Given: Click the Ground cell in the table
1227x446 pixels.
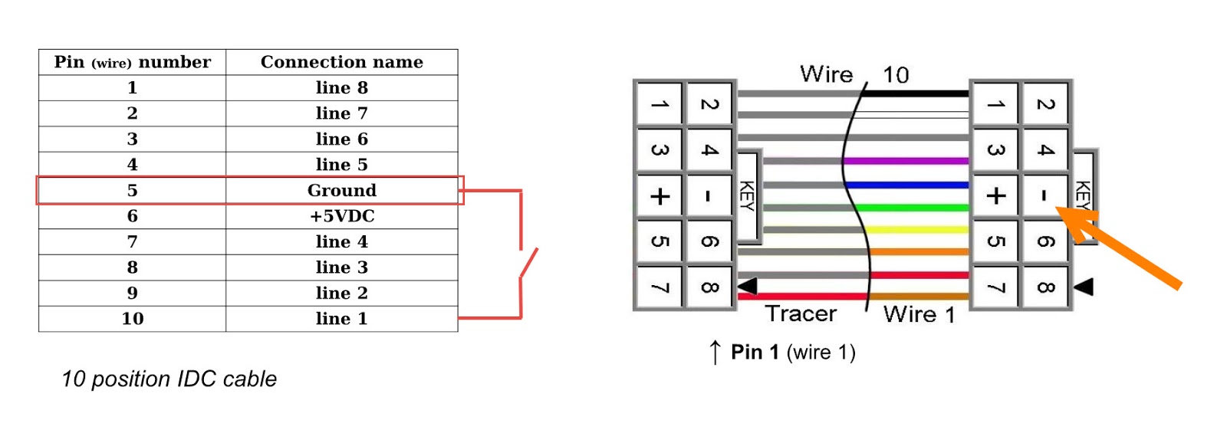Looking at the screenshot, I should [341, 190].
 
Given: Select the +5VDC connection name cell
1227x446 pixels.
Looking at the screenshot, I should [341, 216].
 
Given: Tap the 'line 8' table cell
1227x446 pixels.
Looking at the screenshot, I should [341, 87].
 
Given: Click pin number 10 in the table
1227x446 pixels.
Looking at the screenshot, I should [132, 319].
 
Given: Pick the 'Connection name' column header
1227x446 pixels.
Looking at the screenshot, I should [341, 62].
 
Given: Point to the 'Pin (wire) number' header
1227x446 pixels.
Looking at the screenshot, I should [132, 62].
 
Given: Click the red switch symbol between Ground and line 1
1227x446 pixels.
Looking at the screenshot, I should [528, 263].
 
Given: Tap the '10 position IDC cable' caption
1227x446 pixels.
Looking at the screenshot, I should [169, 379].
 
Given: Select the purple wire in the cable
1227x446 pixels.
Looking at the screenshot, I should [905, 161].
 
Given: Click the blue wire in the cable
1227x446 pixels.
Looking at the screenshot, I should [905, 185].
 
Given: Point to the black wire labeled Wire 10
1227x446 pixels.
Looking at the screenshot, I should [916, 93].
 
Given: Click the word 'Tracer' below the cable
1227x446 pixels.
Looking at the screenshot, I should [801, 313].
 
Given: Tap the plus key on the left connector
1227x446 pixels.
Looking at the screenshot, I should [660, 196].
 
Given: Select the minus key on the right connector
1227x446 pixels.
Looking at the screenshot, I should [1044, 196].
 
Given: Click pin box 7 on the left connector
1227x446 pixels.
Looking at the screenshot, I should [660, 287].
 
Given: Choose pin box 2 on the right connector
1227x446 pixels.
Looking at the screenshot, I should [1044, 104].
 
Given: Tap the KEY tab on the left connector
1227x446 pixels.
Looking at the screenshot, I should [747, 195].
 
